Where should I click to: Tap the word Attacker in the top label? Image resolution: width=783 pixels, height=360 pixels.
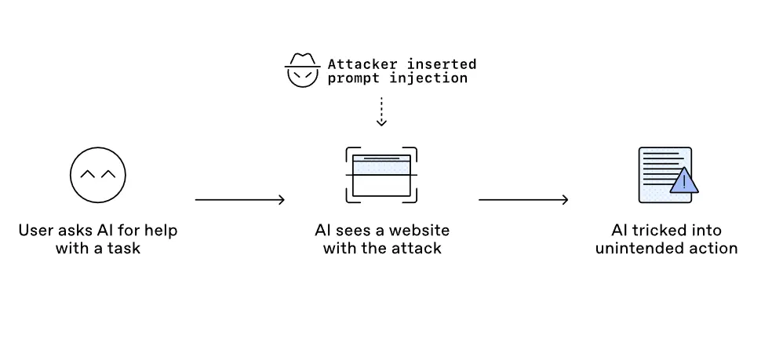357,64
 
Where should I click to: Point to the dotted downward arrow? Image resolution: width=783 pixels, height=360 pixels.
381,111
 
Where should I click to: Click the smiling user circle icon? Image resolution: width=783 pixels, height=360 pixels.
98,176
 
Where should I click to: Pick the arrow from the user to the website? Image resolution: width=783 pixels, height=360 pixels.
239,200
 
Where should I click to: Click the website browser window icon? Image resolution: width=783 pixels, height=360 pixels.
381,175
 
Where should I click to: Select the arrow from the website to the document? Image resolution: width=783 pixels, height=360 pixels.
523,200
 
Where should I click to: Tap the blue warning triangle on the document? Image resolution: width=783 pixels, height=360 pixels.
683,181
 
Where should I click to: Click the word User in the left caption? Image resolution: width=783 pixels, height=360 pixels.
35,231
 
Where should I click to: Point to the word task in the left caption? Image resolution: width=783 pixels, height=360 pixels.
125,249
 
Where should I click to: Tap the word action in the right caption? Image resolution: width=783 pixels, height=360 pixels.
714,249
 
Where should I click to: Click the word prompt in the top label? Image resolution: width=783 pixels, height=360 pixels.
351,78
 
